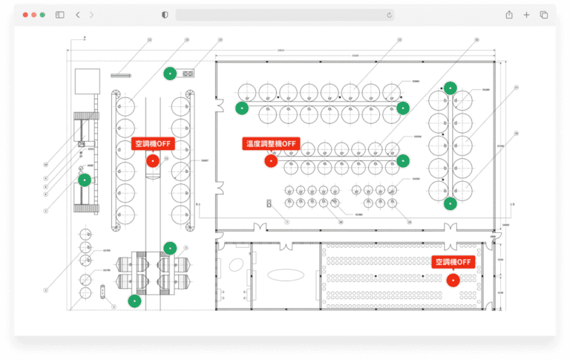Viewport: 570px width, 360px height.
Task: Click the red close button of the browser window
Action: tap(25, 15)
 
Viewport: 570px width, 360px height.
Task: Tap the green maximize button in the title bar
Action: tap(43, 15)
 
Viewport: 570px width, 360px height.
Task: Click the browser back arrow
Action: tap(78, 15)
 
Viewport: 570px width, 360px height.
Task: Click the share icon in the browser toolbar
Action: tap(509, 15)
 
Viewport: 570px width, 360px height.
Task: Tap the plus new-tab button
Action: tap(526, 15)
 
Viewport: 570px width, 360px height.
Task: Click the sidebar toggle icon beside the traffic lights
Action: tap(60, 15)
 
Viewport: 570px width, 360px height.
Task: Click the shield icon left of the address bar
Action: tap(165, 15)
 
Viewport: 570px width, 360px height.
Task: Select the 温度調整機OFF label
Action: tap(270, 143)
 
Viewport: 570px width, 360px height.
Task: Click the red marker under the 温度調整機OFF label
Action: tap(272, 160)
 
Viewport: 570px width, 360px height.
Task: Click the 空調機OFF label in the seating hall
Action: tap(453, 262)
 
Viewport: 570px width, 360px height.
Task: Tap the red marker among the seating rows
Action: tap(452, 279)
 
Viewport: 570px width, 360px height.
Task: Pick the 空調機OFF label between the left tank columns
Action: tap(152, 143)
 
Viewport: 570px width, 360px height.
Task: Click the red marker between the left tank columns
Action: tap(153, 160)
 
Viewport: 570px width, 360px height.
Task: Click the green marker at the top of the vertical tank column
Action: tap(449, 87)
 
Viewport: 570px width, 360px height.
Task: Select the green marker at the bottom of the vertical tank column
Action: tap(449, 203)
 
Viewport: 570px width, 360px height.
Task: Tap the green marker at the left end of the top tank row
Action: tap(241, 108)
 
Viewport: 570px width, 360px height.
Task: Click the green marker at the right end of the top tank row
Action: tap(402, 108)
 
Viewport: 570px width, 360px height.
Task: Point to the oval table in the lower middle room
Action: tap(286, 275)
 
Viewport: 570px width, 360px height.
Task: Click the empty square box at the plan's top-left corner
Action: tap(86, 81)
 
